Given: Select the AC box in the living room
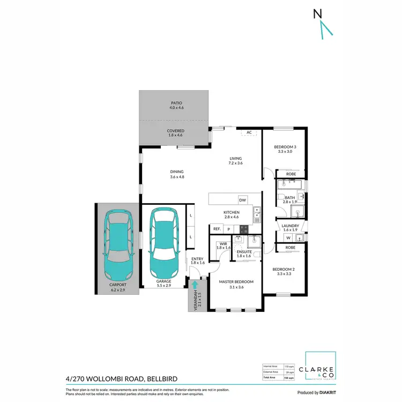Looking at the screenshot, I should (249, 133).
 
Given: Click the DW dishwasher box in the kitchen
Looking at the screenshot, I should (242, 200).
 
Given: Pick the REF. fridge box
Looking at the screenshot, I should (217, 229).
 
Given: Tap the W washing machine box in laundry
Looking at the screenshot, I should (288, 237).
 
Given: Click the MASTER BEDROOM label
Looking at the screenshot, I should (236, 281).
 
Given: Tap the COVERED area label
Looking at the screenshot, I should (176, 131).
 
